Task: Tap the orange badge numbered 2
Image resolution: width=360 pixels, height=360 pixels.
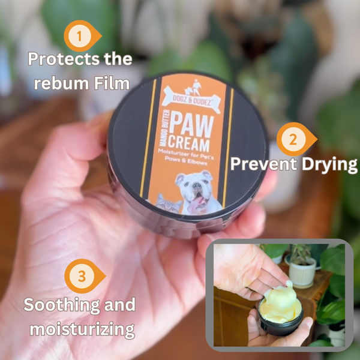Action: [293, 139]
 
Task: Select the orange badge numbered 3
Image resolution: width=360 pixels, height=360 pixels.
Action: [82, 278]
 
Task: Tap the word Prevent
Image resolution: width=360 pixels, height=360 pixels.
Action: [262, 163]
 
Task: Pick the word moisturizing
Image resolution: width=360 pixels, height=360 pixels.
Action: [79, 329]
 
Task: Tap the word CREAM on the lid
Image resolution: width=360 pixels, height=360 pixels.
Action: [188, 145]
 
